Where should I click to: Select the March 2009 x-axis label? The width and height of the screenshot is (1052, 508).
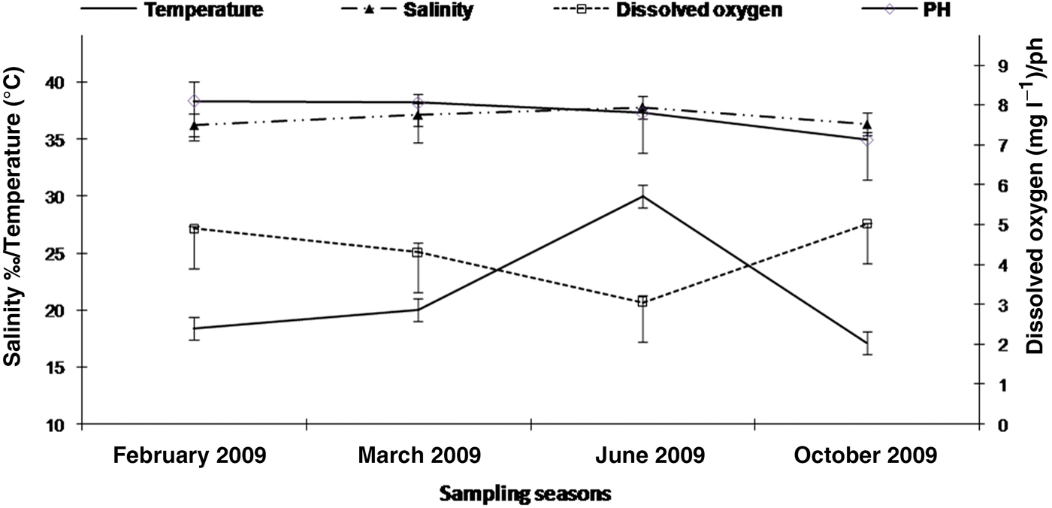(x=419, y=456)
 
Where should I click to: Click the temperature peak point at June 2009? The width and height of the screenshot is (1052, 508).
(x=642, y=196)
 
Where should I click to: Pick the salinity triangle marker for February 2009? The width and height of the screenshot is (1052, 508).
(x=194, y=125)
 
